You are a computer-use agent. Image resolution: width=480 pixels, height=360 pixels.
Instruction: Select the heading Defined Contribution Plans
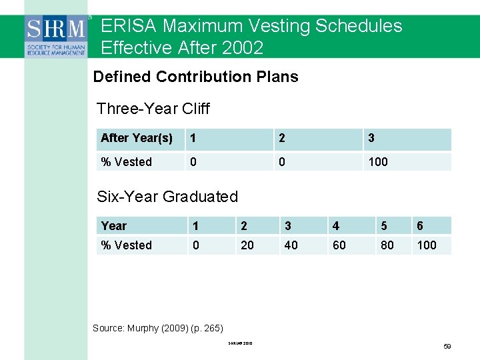195,77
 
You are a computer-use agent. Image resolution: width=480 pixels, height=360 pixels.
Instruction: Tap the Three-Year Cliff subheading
153,108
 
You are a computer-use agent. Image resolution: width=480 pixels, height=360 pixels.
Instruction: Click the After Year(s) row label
137,138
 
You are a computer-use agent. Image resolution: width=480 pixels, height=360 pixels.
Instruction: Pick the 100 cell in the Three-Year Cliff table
378,162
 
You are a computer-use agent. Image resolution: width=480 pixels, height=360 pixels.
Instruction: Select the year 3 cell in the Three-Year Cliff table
371,138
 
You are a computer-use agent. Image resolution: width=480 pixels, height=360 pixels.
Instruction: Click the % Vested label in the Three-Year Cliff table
126,162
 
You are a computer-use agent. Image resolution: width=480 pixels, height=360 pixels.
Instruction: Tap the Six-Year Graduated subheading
167,197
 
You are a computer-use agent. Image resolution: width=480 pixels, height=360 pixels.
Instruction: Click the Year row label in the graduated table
113,226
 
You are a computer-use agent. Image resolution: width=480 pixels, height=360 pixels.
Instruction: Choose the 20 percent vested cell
247,245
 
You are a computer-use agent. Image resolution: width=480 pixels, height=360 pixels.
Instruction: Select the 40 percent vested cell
291,245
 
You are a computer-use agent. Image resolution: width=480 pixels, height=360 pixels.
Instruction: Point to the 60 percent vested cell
339,245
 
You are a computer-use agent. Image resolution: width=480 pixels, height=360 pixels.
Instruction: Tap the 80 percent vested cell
387,245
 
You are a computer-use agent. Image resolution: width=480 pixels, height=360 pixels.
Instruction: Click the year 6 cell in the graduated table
420,226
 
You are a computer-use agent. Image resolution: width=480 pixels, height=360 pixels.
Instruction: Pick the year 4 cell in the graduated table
336,226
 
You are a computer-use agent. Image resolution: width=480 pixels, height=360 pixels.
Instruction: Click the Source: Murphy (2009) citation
158,328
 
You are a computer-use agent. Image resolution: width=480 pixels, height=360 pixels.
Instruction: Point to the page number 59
447,347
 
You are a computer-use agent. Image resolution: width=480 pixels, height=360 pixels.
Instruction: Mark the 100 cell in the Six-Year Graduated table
427,245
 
